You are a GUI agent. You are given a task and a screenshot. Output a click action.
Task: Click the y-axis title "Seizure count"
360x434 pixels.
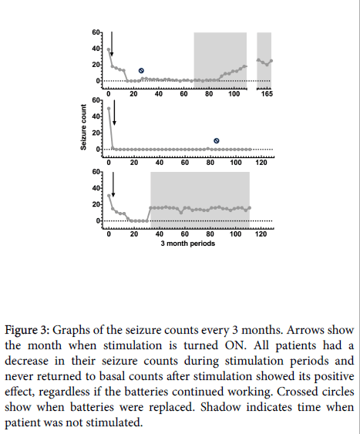coord(83,127)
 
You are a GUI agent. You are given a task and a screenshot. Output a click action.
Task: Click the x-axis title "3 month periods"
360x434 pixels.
coord(188,244)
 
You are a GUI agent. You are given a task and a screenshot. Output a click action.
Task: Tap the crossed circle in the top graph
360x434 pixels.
coord(141,71)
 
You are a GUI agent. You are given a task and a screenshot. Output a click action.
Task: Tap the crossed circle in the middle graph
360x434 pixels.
coord(217,141)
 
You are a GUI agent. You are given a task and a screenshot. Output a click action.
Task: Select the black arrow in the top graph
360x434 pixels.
coord(112,44)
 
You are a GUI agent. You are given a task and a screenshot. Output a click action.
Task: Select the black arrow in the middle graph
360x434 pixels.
coord(114,113)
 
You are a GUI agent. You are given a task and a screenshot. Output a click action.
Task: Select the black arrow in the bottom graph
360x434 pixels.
coord(113,184)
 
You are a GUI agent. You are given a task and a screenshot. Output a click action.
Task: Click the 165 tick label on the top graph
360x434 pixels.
coord(267,94)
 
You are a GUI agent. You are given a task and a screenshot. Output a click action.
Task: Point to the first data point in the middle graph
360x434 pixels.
coord(109,109)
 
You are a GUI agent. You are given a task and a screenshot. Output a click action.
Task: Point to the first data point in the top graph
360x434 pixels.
coord(109,50)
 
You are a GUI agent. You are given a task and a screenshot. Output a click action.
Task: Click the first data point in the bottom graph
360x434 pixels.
coord(109,196)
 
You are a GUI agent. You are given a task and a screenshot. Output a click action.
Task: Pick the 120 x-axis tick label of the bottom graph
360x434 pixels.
coord(261,234)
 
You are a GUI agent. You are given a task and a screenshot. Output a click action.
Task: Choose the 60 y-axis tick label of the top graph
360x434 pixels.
coord(96,32)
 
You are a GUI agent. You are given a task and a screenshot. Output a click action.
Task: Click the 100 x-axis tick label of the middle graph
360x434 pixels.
coord(235,163)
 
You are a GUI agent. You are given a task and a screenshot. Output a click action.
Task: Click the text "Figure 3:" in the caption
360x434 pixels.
coord(27,330)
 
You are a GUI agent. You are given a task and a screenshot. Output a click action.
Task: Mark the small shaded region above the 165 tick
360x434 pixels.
coord(264,60)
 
